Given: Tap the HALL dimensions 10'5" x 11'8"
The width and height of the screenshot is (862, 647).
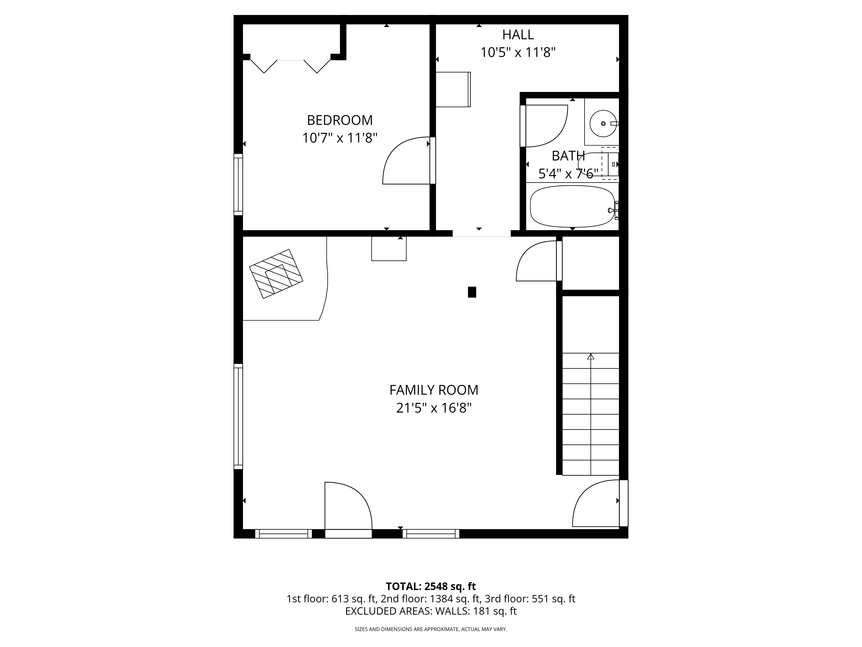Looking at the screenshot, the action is tap(518, 52).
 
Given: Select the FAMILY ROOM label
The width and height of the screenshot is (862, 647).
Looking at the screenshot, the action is tap(434, 390).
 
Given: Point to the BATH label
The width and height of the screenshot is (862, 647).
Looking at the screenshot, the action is tap(568, 156).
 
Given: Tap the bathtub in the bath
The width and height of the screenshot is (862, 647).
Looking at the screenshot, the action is tap(572, 206).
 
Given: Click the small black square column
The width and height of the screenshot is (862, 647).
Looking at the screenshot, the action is tap(472, 292).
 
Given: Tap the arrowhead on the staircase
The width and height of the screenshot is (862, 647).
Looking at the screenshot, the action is tap(591, 356).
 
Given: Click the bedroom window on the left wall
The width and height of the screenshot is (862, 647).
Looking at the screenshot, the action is tap(238, 184).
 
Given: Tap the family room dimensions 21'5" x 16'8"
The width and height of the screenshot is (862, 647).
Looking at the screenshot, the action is tap(434, 408).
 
